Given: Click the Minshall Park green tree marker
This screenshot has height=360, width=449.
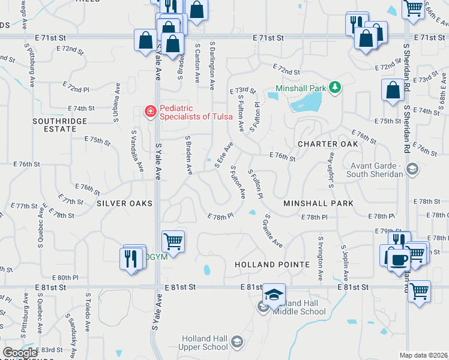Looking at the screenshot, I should pyautogui.click(x=334, y=88).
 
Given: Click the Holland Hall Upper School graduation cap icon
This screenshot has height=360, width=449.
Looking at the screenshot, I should pyautogui.click(x=237, y=342).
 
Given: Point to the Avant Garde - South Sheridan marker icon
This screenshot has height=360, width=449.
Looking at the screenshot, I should pyautogui.click(x=412, y=170).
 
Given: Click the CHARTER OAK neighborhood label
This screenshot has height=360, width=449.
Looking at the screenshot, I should pyautogui.click(x=328, y=144).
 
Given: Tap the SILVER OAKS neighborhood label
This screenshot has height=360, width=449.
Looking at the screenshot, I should pyautogui.click(x=124, y=203).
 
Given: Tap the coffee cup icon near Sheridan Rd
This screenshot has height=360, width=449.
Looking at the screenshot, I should pyautogui.click(x=398, y=260).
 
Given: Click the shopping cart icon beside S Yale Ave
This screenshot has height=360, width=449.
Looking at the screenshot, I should pyautogui.click(x=173, y=242).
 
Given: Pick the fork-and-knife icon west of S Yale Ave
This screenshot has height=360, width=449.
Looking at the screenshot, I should pyautogui.click(x=131, y=259).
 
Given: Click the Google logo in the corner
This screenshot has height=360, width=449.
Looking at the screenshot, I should pyautogui.click(x=19, y=352).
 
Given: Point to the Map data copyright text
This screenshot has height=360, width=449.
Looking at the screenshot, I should pyautogui.click(x=424, y=355).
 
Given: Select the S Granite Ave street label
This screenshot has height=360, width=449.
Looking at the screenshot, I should pyautogui.click(x=272, y=231).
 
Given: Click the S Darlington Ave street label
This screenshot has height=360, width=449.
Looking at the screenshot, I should pyautogui.click(x=212, y=66).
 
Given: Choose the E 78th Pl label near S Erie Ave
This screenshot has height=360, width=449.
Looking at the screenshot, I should pyautogui.click(x=220, y=216).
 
